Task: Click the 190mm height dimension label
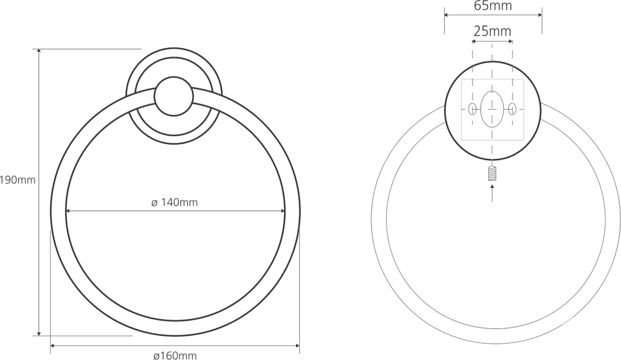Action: (18, 181)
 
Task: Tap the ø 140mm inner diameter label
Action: (174, 203)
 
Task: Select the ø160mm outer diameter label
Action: (175, 355)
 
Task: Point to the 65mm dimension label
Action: (493, 6)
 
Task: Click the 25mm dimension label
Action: (492, 32)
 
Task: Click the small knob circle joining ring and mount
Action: (174, 96)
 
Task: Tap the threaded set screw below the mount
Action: (492, 173)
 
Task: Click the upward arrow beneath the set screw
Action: (492, 193)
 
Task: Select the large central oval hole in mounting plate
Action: (492, 109)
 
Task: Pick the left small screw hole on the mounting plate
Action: (472, 109)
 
